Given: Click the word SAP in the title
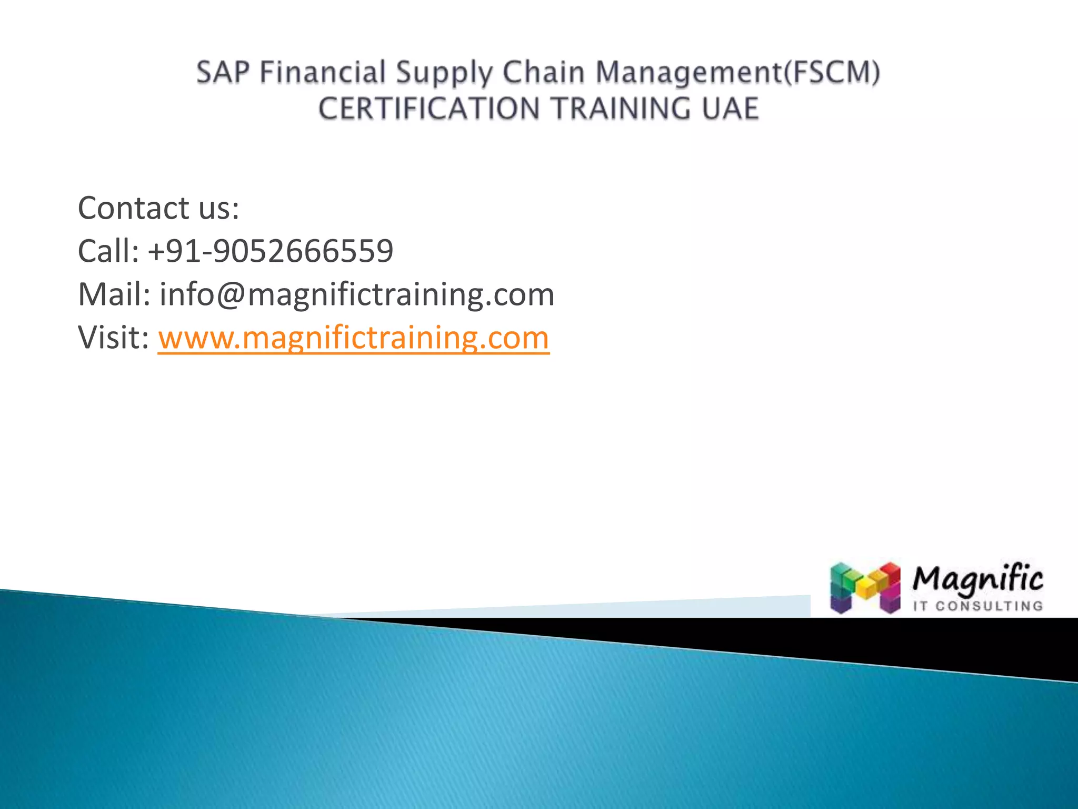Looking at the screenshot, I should coord(223,73).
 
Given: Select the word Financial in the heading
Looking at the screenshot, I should coord(322,73).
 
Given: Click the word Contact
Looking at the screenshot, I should coord(133,208).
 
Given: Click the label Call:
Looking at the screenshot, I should coord(108,251).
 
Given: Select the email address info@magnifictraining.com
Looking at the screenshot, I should coord(357,295).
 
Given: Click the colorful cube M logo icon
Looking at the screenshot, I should coord(865,588).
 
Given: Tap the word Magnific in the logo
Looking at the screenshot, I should coord(977,579).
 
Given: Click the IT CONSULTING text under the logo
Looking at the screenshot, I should coord(977,606).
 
